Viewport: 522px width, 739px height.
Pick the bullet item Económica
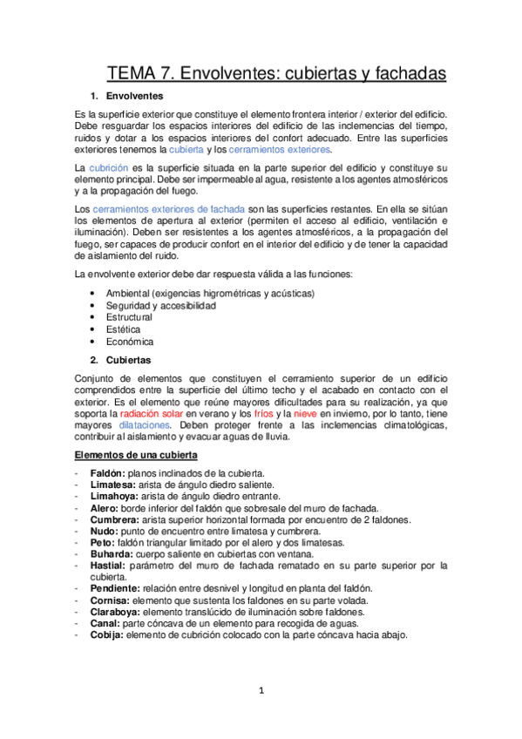click(x=129, y=342)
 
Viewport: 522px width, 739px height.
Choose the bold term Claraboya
click(x=114, y=612)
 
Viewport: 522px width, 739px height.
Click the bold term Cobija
click(x=106, y=634)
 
